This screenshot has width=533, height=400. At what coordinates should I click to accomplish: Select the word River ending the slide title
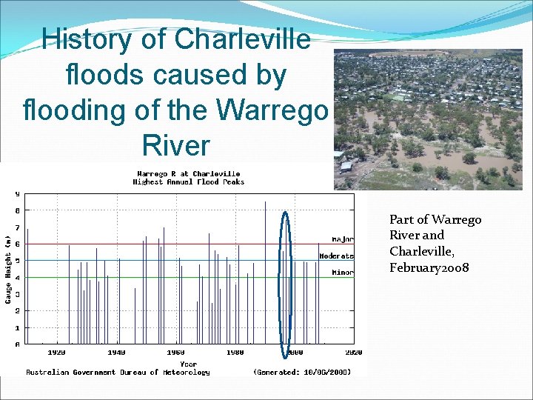176,145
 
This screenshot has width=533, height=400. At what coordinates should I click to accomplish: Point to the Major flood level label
342,239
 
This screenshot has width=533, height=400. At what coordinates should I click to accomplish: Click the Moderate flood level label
336,256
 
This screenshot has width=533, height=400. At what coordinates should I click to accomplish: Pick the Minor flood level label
342,273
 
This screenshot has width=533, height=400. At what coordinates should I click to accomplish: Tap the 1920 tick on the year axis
57,353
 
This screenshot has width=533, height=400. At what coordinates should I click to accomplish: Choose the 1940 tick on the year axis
116,353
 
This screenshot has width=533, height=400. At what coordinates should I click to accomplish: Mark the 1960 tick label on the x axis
175,353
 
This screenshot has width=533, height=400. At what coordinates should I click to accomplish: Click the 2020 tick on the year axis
353,353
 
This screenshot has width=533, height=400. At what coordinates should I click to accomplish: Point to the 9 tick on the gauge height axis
17,194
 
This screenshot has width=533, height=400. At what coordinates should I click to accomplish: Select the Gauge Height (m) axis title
8,270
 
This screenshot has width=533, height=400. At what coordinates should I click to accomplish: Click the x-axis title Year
189,364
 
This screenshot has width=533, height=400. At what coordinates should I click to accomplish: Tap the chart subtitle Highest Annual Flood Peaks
188,182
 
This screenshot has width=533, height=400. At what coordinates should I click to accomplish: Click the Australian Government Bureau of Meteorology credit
118,373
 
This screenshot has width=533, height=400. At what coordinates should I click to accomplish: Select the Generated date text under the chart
302,373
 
